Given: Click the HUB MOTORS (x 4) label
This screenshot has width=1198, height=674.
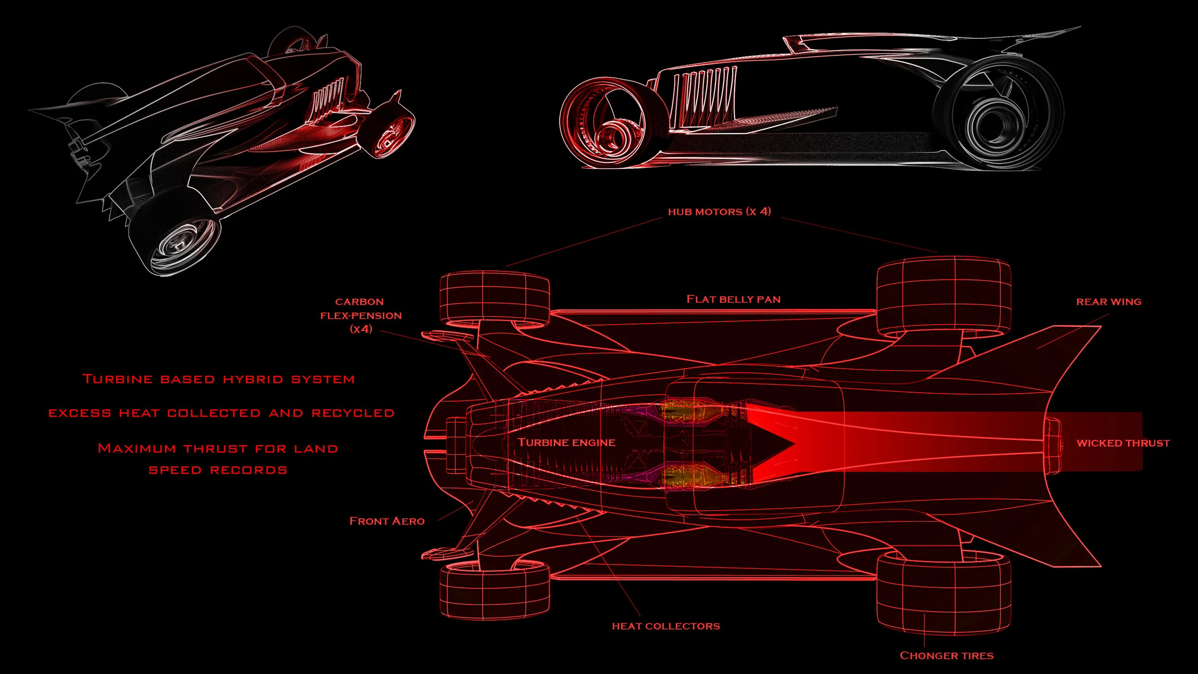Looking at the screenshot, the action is tap(719, 211).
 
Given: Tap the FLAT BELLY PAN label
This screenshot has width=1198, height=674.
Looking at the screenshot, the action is tap(734, 299).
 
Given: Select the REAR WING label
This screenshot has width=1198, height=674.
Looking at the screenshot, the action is tap(1109, 302).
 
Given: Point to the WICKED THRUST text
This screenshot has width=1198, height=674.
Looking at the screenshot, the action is tap(1123, 443).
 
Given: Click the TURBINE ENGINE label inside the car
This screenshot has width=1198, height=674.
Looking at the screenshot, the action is tap(566, 442).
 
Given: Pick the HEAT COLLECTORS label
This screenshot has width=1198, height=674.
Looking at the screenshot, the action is tap(666, 626).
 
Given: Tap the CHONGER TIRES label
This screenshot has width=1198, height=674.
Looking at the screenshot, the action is tap(946, 655).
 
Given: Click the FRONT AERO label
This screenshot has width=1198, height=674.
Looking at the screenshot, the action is tap(387, 521).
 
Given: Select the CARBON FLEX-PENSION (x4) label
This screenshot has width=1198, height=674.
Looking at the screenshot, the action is tap(361, 315).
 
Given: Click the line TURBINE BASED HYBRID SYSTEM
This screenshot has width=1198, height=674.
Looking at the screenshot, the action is tap(219, 379).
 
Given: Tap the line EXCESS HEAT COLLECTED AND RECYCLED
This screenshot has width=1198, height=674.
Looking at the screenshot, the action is tap(221, 413).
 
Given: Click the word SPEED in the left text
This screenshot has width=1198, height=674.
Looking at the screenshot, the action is tap(175, 470).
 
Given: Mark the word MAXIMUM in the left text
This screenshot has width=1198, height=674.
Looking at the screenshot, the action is tap(137, 449).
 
